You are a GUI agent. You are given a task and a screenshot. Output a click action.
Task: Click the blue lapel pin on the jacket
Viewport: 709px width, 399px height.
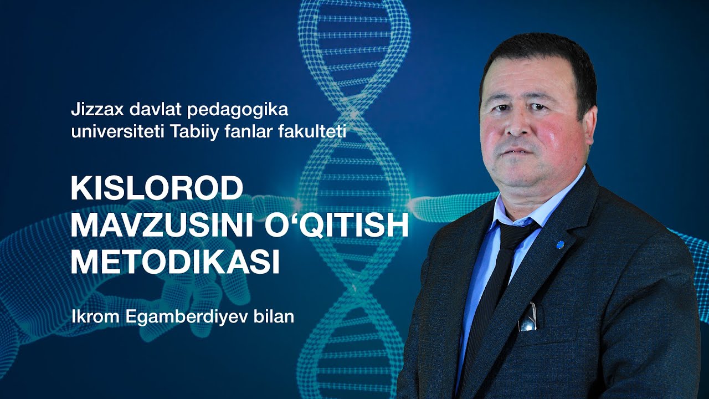pyautogui.click(x=559, y=242)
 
